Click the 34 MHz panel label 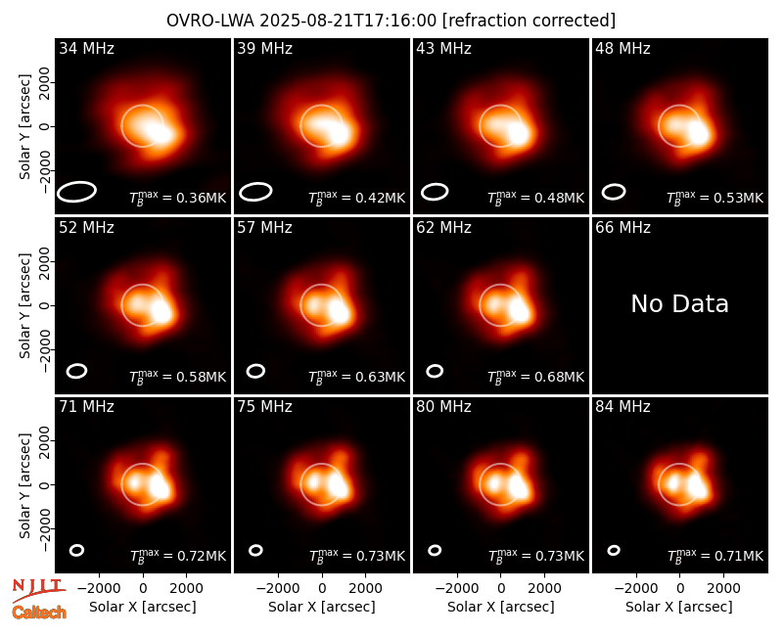click(86, 48)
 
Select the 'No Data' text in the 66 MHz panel click(679, 303)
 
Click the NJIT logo click(39, 589)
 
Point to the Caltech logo click(39, 613)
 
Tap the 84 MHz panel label click(622, 407)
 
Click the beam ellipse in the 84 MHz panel click(614, 550)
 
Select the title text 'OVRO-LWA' click(210, 21)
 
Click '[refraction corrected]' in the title click(529, 21)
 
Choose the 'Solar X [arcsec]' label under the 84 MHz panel click(679, 607)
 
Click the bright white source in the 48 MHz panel click(698, 133)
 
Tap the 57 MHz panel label click(264, 228)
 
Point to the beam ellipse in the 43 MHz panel click(435, 192)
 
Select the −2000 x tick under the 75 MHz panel click(278, 589)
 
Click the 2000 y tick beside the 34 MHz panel click(45, 82)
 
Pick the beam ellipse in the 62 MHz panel click(435, 371)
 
